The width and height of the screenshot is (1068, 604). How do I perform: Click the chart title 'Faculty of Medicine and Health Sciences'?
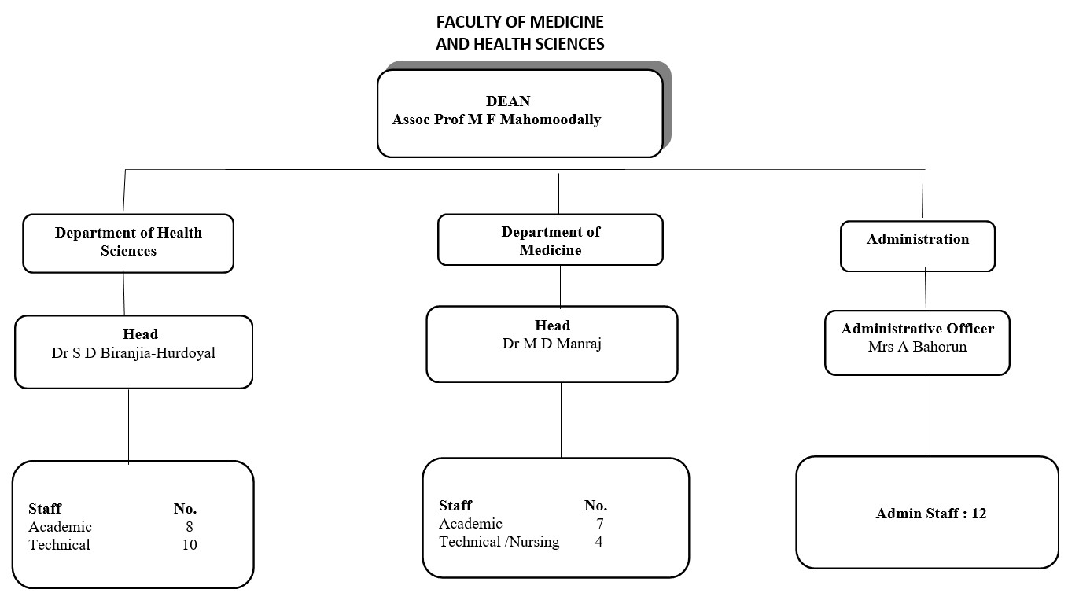coord(520,33)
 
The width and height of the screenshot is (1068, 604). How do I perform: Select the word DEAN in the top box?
coord(508,101)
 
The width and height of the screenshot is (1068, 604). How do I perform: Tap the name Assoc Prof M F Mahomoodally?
coord(496,120)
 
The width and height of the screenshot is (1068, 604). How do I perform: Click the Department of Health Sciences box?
coord(128,242)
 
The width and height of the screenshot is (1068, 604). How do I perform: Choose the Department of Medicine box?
coord(550,241)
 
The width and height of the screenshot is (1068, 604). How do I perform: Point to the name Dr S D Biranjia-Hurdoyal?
coord(133,353)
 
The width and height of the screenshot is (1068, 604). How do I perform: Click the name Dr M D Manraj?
coord(551,344)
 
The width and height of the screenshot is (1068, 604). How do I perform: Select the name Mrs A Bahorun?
coord(917,347)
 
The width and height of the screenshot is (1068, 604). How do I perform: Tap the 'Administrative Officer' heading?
coord(917,329)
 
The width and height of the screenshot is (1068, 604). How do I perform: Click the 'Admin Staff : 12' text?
coord(930,514)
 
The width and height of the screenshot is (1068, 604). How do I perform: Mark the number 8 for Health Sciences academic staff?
coord(190,527)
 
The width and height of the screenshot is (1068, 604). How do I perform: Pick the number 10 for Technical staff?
coord(190,545)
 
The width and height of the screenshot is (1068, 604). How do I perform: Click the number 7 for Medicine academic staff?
coord(599,524)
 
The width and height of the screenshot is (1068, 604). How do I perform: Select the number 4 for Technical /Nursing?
coord(598,542)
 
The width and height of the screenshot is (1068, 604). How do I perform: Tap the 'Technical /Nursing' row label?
coord(499,542)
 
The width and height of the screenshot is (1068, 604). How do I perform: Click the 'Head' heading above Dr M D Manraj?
coord(552,326)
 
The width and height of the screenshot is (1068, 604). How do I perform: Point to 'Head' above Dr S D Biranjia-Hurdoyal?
coord(140,334)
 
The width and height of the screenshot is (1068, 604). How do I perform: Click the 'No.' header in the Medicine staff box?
coord(595,506)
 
